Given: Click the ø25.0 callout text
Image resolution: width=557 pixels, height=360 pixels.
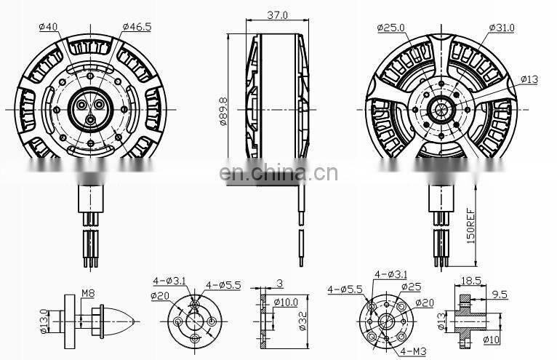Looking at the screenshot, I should [x=390, y=27].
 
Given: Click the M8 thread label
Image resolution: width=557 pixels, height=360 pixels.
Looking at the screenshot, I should [x=88, y=294].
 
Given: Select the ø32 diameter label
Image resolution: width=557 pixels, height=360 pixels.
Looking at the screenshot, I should [x=302, y=318].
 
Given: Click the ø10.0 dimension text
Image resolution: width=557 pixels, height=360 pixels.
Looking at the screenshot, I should [x=286, y=302].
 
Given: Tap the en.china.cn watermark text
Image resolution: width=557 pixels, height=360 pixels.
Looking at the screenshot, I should [x=278, y=173].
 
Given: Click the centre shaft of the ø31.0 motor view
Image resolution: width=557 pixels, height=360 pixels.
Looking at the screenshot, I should [x=440, y=110].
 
